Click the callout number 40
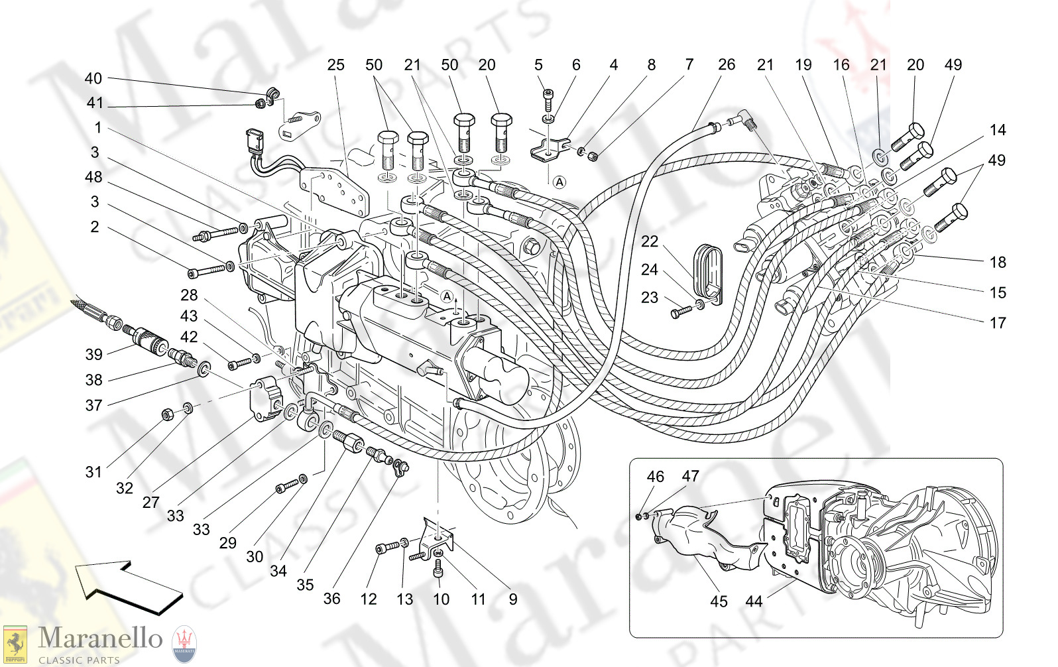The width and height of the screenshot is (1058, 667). point(93,78)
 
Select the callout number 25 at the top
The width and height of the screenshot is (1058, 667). point(335,64)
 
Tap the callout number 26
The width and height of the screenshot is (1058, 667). point(726,64)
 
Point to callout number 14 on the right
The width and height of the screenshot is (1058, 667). point(997,130)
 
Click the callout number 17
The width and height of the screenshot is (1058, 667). point(997,323)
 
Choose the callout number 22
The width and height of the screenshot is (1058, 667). point(649,241)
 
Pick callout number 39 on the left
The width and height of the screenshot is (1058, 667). point(93,354)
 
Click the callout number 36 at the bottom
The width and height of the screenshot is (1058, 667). point(331,598)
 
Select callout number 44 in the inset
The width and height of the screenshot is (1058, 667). point(754,601)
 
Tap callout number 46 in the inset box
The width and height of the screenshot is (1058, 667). point(655,476)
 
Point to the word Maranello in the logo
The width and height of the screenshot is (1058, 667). point(100,638)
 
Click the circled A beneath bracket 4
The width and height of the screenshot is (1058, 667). point(559,182)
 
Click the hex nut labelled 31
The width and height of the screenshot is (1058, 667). point(167,415)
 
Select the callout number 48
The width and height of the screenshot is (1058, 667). point(93,177)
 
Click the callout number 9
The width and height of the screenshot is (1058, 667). point(512,599)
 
